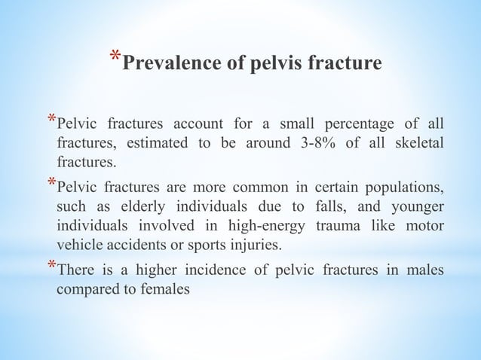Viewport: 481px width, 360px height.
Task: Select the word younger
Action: pos(418,206)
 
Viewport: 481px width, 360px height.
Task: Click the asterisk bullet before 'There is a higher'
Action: pos(51,267)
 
